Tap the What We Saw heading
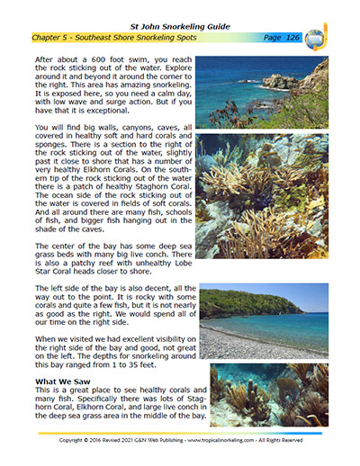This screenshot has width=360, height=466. (66, 381)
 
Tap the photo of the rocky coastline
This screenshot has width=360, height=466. (263, 93)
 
